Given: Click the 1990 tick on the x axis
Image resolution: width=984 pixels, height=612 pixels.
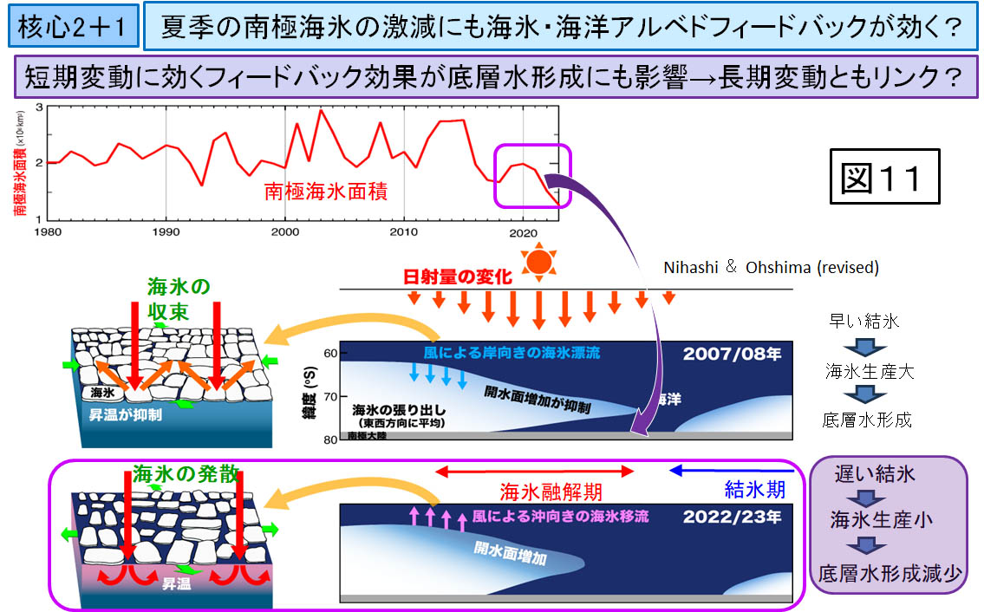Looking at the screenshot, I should coord(166,232).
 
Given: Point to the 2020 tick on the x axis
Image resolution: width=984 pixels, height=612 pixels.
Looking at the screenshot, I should coord(524,232).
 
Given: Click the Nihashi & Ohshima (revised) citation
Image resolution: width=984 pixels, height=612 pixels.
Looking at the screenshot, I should coord(771,268).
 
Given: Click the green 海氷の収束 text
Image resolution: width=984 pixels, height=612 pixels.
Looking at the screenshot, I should coord(179,297).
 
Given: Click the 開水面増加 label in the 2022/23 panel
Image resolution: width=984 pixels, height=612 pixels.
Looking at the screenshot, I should coord(511,552).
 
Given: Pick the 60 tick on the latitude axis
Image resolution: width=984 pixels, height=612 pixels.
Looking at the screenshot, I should coord(330,354).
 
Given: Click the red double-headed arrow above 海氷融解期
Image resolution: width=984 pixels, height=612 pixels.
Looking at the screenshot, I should coord(535,472).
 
